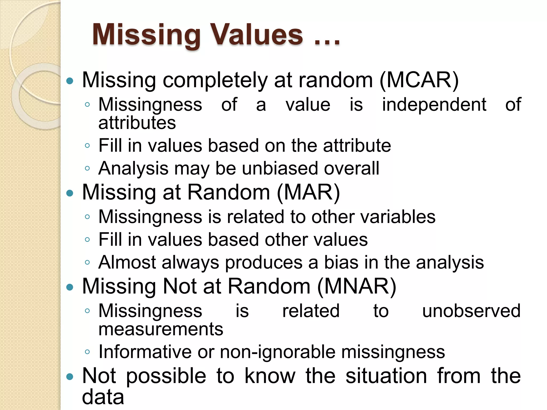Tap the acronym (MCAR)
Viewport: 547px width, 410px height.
click(419, 80)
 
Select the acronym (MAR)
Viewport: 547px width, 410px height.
click(308, 192)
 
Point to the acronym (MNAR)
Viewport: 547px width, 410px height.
click(357, 286)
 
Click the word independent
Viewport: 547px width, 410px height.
click(434, 104)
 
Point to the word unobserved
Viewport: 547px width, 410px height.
click(471, 311)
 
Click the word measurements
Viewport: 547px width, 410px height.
click(161, 329)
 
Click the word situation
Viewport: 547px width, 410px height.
click(386, 376)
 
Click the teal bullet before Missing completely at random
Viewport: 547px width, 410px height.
click(70, 81)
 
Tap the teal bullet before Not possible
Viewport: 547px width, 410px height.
click(70, 377)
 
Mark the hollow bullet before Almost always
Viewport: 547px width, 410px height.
click(87, 263)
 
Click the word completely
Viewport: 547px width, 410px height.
click(215, 80)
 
